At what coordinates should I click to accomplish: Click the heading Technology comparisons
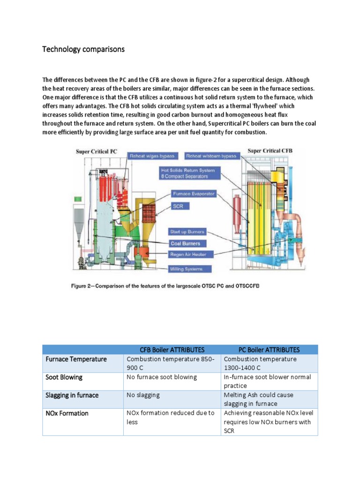click(x=83, y=49)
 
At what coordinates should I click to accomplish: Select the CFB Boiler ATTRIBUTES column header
click(x=172, y=350)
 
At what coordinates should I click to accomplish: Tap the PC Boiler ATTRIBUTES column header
click(x=269, y=350)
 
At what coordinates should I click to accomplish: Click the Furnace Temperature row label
click(x=76, y=359)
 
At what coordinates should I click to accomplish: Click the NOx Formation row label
click(x=67, y=413)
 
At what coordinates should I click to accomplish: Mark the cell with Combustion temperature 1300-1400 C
click(x=260, y=363)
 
